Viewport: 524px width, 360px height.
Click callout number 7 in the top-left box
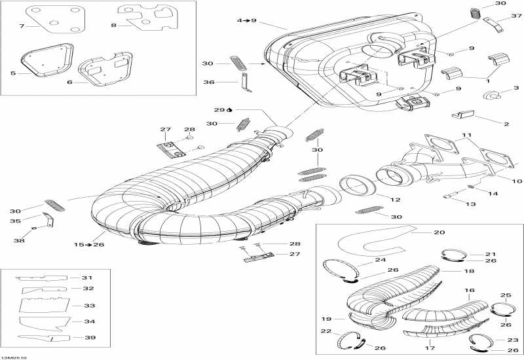pos(22,26)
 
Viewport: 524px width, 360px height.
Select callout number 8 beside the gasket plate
pos(114,26)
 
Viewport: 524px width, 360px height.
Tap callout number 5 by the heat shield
pos(12,73)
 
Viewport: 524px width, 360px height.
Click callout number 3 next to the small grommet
pos(516,88)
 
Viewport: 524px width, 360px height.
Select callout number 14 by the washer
pos(494,193)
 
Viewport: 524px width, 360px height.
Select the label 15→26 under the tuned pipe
pos(87,244)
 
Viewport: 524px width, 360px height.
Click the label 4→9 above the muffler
pos(246,21)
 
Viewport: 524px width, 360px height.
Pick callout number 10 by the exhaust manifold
pos(517,181)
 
